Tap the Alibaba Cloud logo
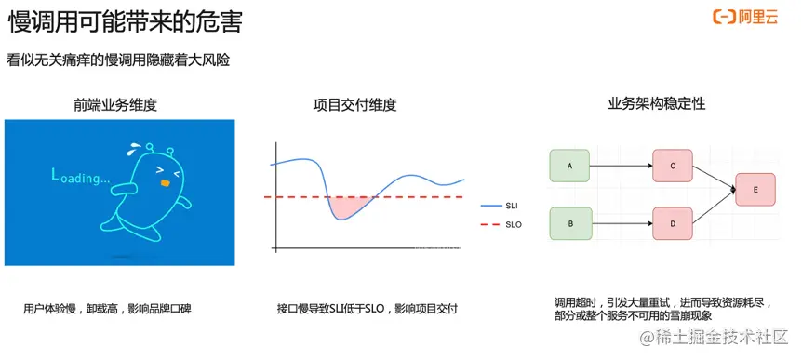pyautogui.click(x=744, y=18)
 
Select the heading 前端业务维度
pyautogui.click(x=115, y=105)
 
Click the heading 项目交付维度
pyautogui.click(x=355, y=105)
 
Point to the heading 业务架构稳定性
pyautogui.click(x=656, y=104)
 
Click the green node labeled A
pyautogui.click(x=570, y=167)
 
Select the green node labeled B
pyautogui.click(x=570, y=224)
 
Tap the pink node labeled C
pyautogui.click(x=673, y=167)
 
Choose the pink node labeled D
pyautogui.click(x=673, y=224)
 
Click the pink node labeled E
pyautogui.click(x=755, y=190)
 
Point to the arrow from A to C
pyautogui.click(x=622, y=167)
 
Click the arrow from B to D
pyautogui.click(x=622, y=224)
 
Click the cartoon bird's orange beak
pyautogui.click(x=165, y=183)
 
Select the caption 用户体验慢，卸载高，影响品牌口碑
pyautogui.click(x=112, y=308)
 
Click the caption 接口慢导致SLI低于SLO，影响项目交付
pyautogui.click(x=368, y=308)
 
